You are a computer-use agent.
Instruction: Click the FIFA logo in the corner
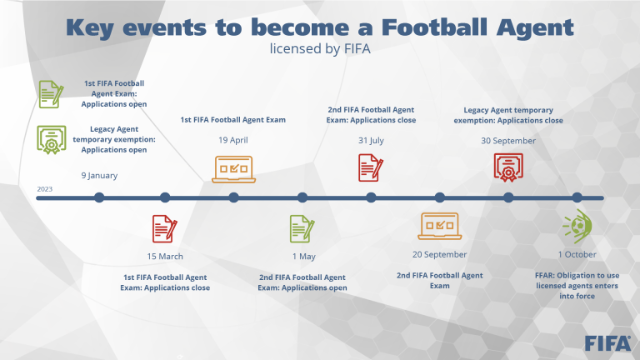coord(607,343)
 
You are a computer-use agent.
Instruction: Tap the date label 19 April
coord(233,140)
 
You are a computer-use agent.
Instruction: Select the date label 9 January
coord(99,176)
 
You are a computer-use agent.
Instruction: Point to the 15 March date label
coord(165,257)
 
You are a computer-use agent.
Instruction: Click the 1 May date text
coord(303,257)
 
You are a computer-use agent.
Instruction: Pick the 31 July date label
coord(371,140)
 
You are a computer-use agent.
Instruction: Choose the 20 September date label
coord(440,254)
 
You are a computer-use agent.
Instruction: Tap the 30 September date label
coord(508,141)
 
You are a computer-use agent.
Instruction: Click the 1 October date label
coord(577,254)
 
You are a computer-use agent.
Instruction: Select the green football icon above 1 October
coord(577,226)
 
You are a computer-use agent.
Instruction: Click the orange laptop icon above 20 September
coord(440,226)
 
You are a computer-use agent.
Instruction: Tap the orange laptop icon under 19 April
coord(233,169)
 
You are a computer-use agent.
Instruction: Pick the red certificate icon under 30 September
coord(508,167)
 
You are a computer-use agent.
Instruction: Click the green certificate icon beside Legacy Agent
coord(52,140)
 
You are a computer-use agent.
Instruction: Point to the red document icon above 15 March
coord(164,228)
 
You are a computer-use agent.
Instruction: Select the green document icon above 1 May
coord(302,228)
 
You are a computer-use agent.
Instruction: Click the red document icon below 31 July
coord(371,167)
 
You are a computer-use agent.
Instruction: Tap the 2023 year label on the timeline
coord(45,189)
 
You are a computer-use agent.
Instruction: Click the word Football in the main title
coord(434,27)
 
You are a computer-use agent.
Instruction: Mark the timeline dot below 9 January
coord(99,197)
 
